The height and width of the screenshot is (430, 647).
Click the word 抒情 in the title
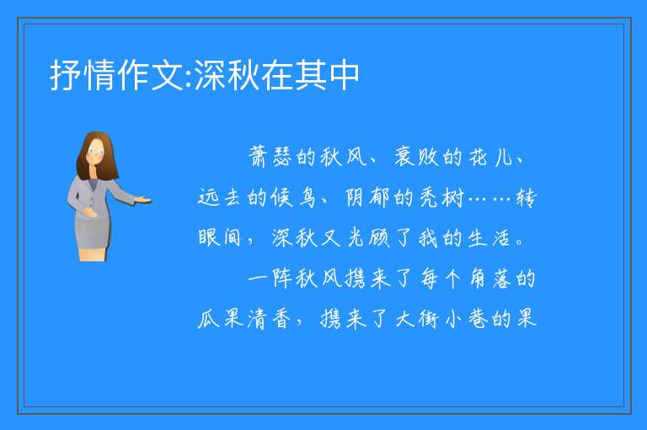[83, 75]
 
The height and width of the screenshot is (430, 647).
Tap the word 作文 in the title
[150, 75]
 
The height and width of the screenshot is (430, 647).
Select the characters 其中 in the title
[325, 75]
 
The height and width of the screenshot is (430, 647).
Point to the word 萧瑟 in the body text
[270, 157]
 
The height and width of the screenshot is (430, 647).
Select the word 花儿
[491, 157]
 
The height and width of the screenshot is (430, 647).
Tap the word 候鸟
[294, 197]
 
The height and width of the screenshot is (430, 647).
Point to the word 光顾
[369, 238]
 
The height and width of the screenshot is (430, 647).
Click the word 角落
[491, 278]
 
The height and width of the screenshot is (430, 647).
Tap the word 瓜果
[220, 319]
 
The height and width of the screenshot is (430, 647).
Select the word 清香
[269, 319]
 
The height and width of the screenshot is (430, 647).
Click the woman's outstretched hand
[142, 201]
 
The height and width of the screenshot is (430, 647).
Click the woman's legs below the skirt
[93, 254]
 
